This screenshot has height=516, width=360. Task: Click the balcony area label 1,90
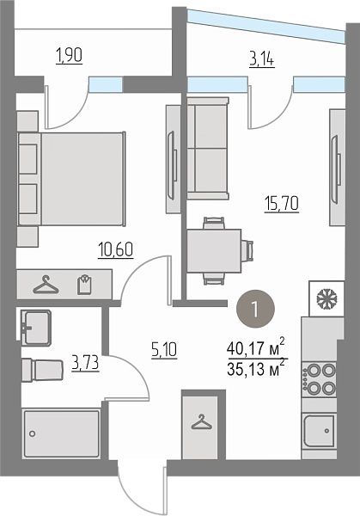click(69, 55)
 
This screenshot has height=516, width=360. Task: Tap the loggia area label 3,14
click(262, 60)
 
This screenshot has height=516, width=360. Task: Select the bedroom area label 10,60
click(115, 249)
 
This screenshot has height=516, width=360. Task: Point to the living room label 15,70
click(282, 204)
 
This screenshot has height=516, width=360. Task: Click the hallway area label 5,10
click(164, 349)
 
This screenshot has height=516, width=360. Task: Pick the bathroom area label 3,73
click(86, 364)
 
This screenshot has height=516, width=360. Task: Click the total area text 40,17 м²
click(255, 348)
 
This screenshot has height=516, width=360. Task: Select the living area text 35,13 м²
click(255, 369)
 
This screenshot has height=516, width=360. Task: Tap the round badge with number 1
click(255, 309)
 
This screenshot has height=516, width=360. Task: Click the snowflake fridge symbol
click(326, 298)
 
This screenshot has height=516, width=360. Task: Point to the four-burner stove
click(319, 379)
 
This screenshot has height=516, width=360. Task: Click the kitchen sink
click(319, 431)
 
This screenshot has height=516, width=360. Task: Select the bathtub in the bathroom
click(62, 433)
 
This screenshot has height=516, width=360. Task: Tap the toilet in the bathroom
click(42, 370)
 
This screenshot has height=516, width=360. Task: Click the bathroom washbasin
click(35, 328)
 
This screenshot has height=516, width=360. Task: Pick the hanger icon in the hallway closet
click(201, 422)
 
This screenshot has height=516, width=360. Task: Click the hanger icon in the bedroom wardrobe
click(46, 285)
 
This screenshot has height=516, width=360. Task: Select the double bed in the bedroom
click(72, 179)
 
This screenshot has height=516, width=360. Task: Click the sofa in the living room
click(208, 148)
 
